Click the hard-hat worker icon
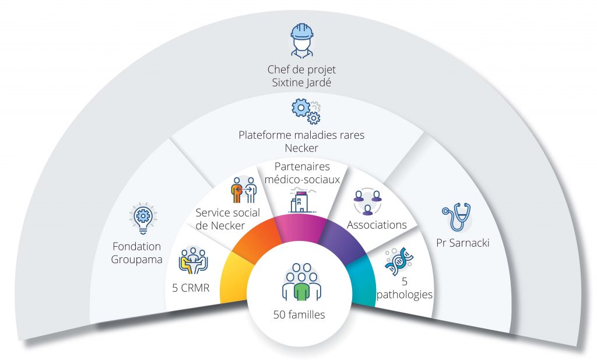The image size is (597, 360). pos(301,40)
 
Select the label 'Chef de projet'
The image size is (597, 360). pos(301,71)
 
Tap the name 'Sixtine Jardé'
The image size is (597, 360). pos(301,83)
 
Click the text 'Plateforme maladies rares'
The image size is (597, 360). pos(301,135)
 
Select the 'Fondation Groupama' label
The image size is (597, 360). pos(136,253)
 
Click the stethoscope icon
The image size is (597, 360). pos(457,216)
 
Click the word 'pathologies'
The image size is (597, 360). pos(405,294)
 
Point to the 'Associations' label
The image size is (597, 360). pos(377,225)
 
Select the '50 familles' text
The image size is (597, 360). pos(299,315)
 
